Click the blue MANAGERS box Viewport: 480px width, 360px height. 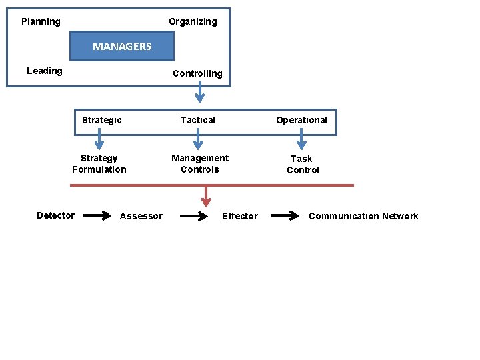tap(122, 47)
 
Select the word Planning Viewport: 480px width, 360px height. tap(41, 21)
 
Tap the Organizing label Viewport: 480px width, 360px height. tap(193, 21)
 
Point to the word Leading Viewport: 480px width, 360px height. tap(45, 71)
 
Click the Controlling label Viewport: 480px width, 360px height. tap(197, 73)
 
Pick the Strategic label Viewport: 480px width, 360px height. tap(102, 120)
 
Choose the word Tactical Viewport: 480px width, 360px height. tap(198, 120)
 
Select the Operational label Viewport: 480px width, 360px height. tap(301, 120)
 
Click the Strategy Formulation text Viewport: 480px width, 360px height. tap(99, 164)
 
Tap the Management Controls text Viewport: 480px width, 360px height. tap(200, 164)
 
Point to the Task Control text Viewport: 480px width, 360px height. tap(303, 165)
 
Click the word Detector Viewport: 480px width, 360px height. tap(55, 215)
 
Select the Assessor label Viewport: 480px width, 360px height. tap(141, 216)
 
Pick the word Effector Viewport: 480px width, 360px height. tap(239, 216)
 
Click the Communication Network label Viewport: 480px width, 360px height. tap(363, 216)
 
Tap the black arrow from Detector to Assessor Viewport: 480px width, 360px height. tap(98, 215)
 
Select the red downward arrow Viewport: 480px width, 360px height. tap(206, 196)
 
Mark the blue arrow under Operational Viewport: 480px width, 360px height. tap(301, 139)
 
